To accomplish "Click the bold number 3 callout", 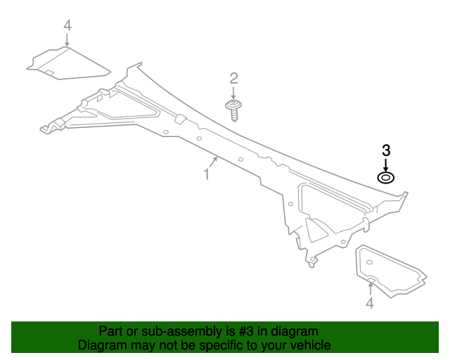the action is pyautogui.click(x=386, y=150).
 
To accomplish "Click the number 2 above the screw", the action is pyautogui.click(x=234, y=78).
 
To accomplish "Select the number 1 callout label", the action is pyautogui.click(x=206, y=174).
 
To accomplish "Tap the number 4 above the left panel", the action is pyautogui.click(x=67, y=25).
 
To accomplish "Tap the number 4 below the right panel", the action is pyautogui.click(x=370, y=303).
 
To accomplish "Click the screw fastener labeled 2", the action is pyautogui.click(x=233, y=110).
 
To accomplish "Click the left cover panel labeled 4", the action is pyautogui.click(x=69, y=63).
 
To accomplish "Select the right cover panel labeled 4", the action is pyautogui.click(x=391, y=271).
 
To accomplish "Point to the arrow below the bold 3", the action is pyautogui.click(x=386, y=165).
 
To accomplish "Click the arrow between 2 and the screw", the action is pyautogui.click(x=233, y=94).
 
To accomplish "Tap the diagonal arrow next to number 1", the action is pyautogui.click(x=214, y=162).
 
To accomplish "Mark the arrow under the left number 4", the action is pyautogui.click(x=67, y=40).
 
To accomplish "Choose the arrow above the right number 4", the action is pyautogui.click(x=371, y=288).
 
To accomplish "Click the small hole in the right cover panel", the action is pyautogui.click(x=370, y=262).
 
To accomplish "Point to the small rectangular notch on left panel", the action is pyautogui.click(x=49, y=72).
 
